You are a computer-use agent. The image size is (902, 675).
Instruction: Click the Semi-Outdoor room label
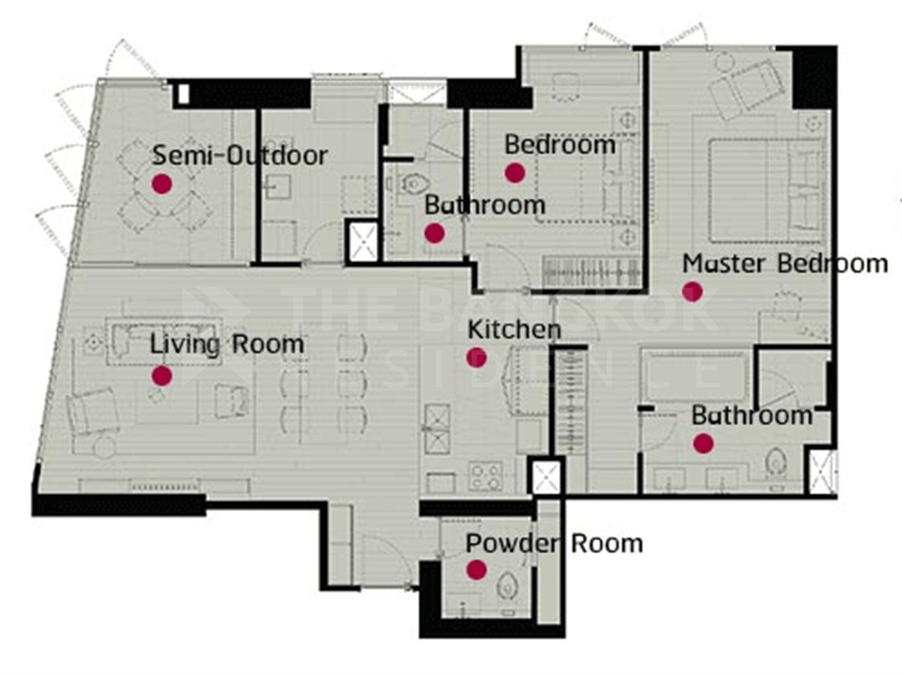pyautogui.click(x=240, y=156)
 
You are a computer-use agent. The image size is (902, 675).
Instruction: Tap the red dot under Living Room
pyautogui.click(x=162, y=376)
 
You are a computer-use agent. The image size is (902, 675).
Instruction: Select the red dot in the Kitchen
pyautogui.click(x=477, y=358)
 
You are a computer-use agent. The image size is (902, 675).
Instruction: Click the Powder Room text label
pyautogui.click(x=554, y=544)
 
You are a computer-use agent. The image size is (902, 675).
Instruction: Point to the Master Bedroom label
pyautogui.click(x=785, y=263)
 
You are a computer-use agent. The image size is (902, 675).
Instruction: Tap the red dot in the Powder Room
pyautogui.click(x=477, y=570)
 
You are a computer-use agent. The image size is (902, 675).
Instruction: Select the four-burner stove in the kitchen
pyautogui.click(x=486, y=477)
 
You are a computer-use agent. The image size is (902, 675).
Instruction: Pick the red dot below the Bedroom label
pyautogui.click(x=515, y=173)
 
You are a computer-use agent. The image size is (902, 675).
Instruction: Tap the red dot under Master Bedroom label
pyautogui.click(x=692, y=292)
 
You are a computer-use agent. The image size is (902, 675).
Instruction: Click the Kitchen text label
pyautogui.click(x=514, y=329)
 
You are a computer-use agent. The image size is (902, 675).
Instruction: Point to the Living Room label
pyautogui.click(x=227, y=344)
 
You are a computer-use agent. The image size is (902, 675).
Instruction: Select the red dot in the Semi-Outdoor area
pyautogui.click(x=162, y=183)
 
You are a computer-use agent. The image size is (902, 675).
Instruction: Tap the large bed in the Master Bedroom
pyautogui.click(x=767, y=192)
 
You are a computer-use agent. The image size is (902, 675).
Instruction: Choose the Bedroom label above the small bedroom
pyautogui.click(x=560, y=144)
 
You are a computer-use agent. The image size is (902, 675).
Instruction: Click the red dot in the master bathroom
pyautogui.click(x=703, y=443)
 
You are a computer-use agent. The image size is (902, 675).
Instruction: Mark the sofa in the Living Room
pyautogui.click(x=164, y=341)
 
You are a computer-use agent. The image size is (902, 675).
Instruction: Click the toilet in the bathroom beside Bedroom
pyautogui.click(x=415, y=183)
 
